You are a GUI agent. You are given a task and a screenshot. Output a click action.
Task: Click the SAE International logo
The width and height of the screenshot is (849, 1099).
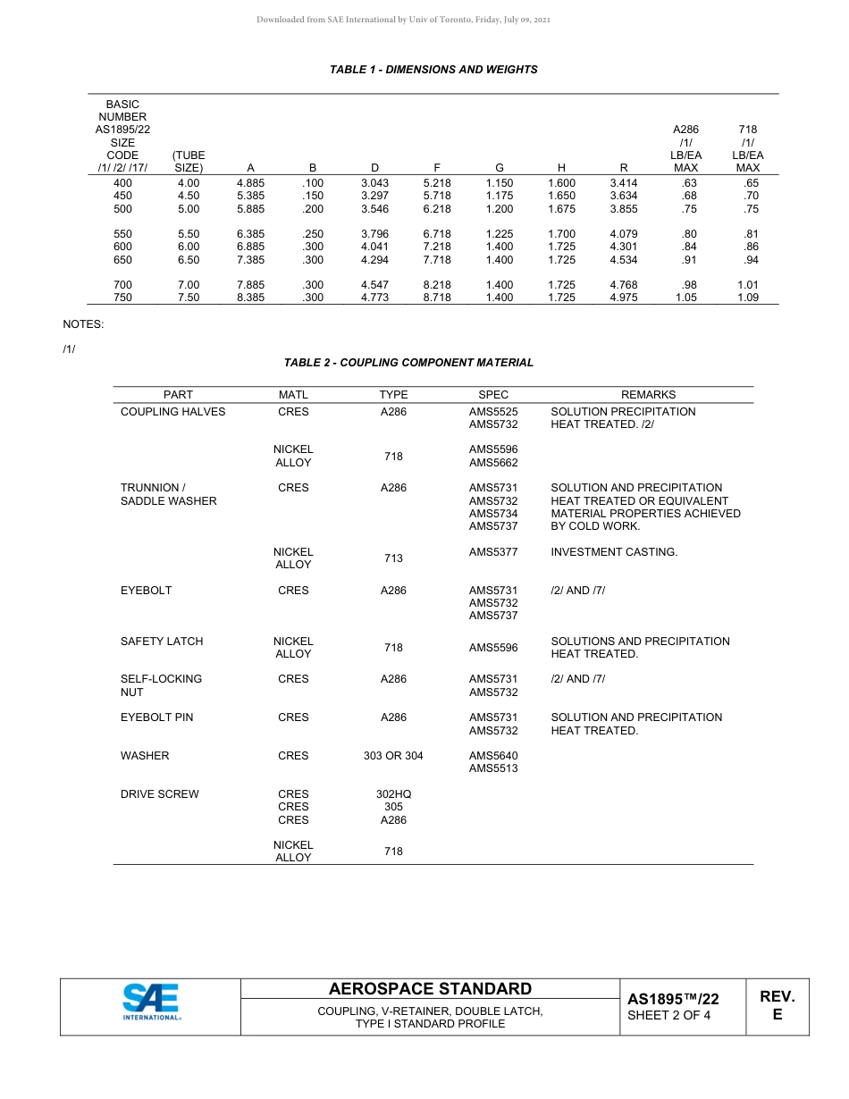point(151,1003)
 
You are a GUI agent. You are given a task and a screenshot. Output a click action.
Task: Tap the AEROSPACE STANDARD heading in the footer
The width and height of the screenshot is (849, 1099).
point(430,989)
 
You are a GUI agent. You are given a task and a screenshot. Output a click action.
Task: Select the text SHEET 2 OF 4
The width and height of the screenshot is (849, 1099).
point(668,1015)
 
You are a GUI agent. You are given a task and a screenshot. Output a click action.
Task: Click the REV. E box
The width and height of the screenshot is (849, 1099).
point(777,1005)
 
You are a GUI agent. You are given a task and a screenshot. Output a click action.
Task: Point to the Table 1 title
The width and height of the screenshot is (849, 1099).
point(433,70)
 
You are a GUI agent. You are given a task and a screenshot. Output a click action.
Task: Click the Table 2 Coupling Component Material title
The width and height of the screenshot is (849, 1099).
point(408,363)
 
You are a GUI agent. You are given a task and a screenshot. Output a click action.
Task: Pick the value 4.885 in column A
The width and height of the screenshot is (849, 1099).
point(250,183)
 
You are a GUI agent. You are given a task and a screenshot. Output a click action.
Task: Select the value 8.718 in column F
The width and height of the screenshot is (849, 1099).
point(436,298)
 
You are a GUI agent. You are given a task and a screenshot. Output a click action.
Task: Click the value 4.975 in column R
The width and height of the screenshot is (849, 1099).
point(623,298)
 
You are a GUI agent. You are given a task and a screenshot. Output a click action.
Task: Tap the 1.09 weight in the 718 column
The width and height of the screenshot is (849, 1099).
point(747,298)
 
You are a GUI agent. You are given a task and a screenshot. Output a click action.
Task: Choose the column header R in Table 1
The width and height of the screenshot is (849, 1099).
point(623,167)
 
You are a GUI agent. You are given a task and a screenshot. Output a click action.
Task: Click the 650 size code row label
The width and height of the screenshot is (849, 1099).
point(122,260)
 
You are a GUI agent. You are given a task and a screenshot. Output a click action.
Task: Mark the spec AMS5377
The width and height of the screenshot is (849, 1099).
point(493,552)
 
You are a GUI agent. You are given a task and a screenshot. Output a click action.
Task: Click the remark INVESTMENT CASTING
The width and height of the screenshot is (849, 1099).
point(614,552)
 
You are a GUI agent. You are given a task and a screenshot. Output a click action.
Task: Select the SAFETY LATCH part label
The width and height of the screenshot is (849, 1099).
point(162,642)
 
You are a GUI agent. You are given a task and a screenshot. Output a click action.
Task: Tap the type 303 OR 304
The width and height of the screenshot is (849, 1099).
point(393,756)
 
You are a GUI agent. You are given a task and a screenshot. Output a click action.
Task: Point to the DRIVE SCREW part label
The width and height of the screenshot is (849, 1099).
point(160,794)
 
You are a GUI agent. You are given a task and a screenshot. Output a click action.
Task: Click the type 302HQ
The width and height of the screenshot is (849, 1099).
point(393,794)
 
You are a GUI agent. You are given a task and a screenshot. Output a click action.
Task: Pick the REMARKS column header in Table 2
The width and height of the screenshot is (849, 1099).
point(648,395)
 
